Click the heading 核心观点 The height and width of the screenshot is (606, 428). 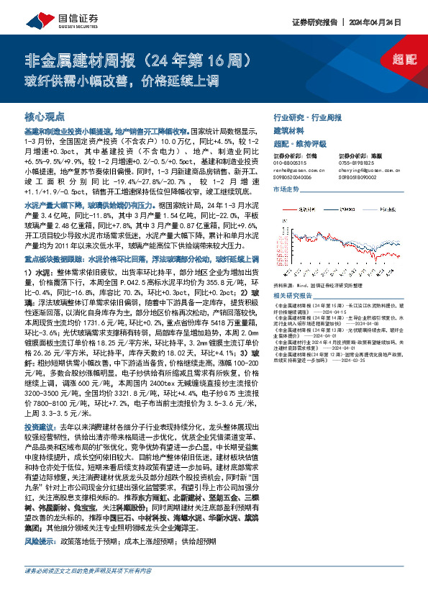tap(45, 116)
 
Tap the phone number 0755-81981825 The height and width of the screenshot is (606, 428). tap(360, 163)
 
